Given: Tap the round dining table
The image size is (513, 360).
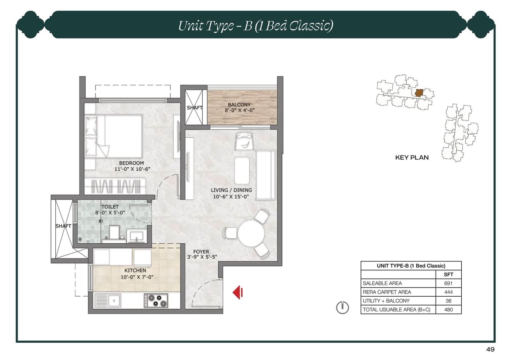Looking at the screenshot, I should tap(251, 234).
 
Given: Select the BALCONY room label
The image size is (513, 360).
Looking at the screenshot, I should tap(239, 105).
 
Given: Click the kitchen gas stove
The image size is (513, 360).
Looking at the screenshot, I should tap(156, 300).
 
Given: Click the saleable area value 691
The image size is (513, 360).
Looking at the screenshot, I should tap(448, 283).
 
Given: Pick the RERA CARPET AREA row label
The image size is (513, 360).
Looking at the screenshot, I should tap(381, 292).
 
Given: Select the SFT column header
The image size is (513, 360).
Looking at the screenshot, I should tap(448, 275).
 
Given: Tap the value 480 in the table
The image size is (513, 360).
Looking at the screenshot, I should tap(448, 310).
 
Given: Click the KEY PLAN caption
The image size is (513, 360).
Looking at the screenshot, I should tap(412, 158).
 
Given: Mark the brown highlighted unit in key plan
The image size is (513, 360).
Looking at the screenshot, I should tap(419, 93).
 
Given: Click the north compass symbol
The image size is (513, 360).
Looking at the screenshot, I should tap(342, 307).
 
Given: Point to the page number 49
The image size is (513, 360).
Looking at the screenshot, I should tap(490, 349).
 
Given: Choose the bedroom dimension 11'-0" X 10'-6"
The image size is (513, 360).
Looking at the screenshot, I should tap(131, 169).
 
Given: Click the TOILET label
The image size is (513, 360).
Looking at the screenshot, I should tap(110, 207).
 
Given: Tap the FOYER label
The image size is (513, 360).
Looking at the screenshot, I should tap(201, 252).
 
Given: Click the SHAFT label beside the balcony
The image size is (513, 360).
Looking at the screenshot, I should tap(194, 108).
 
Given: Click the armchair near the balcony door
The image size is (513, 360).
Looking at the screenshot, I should tap(244, 141).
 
